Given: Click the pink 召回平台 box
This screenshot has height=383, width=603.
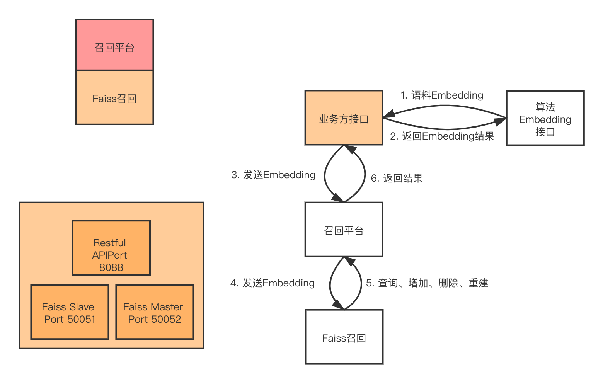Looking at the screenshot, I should (114, 46).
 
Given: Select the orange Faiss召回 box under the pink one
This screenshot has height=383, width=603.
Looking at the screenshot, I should (114, 97).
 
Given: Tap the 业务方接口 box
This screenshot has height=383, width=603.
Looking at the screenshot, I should (344, 118).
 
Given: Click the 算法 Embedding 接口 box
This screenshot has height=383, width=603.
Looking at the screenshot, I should (545, 118).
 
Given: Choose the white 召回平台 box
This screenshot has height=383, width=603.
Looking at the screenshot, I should (344, 230).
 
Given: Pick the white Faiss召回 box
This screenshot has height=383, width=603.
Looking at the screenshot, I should (344, 337).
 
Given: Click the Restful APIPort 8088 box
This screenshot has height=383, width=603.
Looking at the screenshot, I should (111, 248).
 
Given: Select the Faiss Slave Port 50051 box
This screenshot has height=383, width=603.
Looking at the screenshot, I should (70, 312).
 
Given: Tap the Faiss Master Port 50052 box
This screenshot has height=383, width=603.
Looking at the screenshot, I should (155, 312).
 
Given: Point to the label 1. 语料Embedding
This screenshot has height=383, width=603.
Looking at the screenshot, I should (441, 95).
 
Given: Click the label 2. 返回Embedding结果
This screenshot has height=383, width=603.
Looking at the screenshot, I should (442, 136).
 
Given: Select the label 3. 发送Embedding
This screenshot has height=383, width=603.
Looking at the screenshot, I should (273, 175).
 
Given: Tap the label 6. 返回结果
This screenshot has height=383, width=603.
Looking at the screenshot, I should (397, 178).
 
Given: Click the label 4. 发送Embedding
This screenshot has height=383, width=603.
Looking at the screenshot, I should (272, 283).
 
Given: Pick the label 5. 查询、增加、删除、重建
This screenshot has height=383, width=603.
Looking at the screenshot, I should (427, 283).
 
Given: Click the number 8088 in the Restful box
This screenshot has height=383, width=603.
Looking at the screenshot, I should (111, 267).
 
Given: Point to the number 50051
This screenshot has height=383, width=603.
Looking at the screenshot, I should (81, 319).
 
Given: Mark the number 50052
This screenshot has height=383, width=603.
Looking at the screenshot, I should (166, 319).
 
